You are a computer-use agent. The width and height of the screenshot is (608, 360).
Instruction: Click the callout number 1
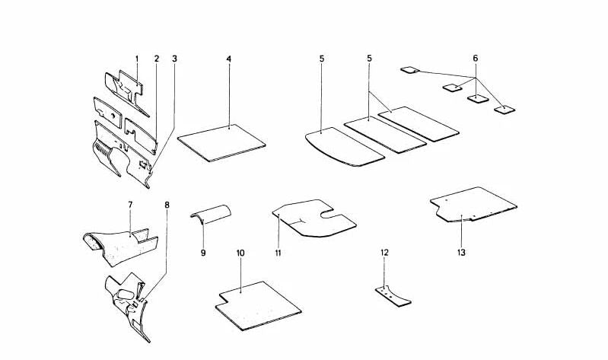137,59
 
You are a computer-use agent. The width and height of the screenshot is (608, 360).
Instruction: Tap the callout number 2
157,59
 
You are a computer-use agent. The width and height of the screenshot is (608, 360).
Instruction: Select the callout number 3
174,59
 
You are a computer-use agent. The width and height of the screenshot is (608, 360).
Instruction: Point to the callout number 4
229,59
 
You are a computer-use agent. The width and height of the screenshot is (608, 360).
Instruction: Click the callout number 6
476,59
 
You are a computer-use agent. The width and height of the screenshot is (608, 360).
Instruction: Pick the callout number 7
130,204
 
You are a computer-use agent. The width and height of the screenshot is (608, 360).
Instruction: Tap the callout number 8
167,205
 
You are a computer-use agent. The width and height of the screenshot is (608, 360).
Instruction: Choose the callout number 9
203,253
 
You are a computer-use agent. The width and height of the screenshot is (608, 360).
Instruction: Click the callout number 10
240,253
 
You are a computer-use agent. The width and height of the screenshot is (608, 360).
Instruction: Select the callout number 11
278,253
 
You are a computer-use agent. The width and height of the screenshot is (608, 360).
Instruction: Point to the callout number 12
384,253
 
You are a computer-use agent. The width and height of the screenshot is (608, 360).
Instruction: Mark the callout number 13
461,253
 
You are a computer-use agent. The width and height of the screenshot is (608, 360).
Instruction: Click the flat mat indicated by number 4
221,143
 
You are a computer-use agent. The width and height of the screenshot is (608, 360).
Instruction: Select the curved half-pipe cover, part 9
212,215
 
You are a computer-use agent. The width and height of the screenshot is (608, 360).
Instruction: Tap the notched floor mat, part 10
258,306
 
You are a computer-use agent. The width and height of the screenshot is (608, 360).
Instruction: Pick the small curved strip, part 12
393,296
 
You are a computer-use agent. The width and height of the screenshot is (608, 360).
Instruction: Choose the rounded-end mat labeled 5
345,147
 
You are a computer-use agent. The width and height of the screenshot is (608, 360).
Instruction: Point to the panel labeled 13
473,205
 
